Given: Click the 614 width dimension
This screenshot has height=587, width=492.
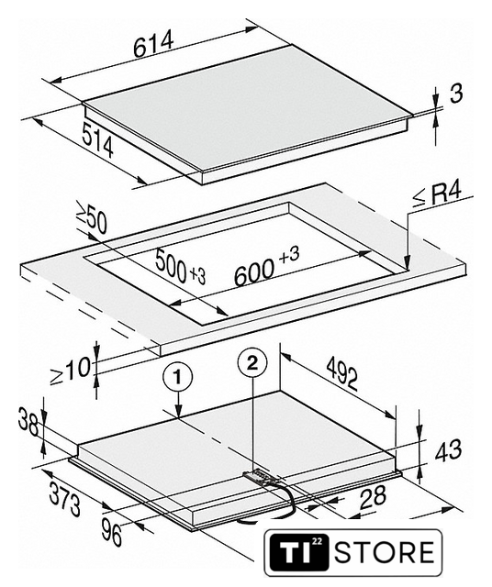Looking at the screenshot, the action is point(153,43).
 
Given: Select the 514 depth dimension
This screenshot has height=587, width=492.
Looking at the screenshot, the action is point(97,140).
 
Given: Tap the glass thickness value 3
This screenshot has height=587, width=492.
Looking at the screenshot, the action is point(455,94).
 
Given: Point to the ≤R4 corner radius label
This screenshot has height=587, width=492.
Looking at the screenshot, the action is point(437,194).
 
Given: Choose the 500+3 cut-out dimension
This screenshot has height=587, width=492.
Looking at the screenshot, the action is point(180,267).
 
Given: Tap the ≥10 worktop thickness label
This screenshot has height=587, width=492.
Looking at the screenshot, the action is point(71,371).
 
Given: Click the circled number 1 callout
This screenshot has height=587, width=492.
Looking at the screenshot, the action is point(177,377).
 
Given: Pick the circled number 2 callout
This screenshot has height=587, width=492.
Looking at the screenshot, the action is point(252,363).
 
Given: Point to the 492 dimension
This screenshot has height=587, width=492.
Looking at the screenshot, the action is point(341,373).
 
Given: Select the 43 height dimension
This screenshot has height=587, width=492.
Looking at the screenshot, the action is point(448,450).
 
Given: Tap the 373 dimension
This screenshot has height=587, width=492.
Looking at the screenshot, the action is point(64,499).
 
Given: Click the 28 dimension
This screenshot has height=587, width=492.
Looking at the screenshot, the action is point(372,497).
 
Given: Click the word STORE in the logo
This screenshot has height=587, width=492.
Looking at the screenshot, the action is point(385,552).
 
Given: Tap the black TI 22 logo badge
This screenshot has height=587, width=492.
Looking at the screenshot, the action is point(299,552).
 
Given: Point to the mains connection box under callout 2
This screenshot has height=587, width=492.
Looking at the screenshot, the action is point(260,476).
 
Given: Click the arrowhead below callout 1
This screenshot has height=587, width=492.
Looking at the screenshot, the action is point(178,411).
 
